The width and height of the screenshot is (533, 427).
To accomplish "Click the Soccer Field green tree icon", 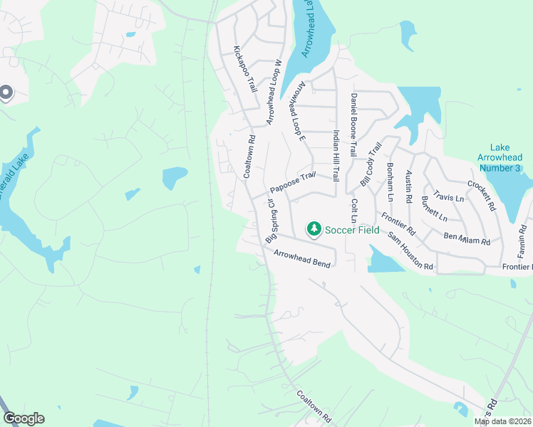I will click(313, 229).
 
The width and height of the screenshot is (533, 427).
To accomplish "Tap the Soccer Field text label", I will click(352, 230).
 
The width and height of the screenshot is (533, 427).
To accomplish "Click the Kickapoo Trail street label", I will click(244, 69).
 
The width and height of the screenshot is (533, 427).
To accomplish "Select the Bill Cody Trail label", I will click(371, 164).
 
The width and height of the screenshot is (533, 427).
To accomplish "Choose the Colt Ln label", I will click(354, 211).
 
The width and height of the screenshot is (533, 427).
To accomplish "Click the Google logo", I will click(24, 418).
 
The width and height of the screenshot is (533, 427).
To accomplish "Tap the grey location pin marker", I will click(6, 93).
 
